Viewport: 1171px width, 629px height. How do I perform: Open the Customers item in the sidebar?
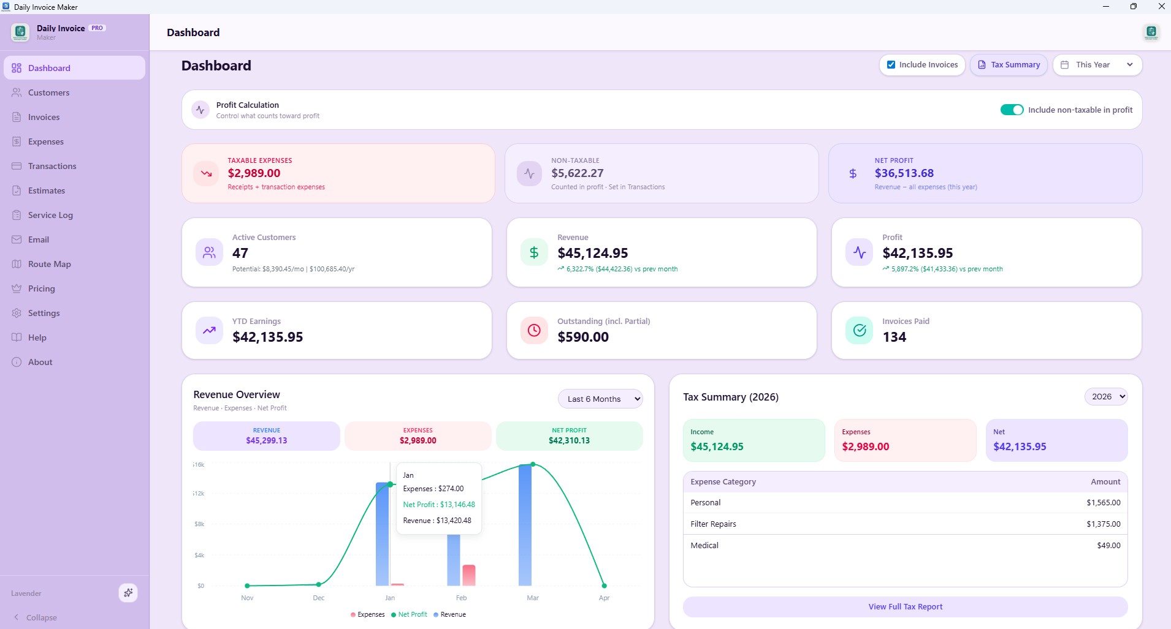48,92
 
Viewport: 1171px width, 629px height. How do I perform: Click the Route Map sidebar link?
49,264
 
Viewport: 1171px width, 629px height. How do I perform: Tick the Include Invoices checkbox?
891,65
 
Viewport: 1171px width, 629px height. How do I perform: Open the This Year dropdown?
1097,65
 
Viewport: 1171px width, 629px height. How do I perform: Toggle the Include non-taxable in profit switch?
1012,110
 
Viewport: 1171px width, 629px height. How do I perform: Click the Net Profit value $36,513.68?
904,173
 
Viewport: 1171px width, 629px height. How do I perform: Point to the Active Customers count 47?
240,253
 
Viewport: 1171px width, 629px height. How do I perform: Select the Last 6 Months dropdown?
600,399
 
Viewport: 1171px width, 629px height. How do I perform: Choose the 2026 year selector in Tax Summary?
1105,397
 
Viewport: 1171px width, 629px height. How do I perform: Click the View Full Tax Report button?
905,607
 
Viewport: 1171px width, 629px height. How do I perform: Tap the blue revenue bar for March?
525,527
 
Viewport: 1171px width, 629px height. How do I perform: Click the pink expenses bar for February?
468,575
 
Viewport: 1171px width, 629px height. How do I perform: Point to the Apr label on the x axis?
604,598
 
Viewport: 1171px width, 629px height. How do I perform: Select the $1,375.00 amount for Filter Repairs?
1103,524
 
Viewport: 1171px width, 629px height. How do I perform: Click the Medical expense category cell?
704,546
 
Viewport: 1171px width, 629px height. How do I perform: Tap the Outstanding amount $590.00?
582,337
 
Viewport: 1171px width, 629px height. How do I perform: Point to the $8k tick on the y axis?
199,524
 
